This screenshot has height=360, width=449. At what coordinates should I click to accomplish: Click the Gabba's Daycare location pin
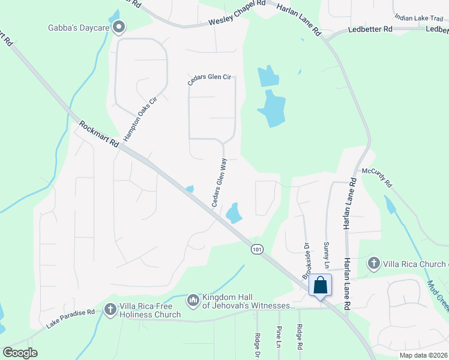coord(119,26)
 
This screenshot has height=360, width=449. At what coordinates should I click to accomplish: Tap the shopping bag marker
coord(320,284)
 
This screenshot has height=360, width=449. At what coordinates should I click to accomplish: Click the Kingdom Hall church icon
coord(193,299)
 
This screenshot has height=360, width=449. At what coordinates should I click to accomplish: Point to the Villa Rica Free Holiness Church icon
coord(110,310)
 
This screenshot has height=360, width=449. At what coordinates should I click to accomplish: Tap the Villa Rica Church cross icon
coord(373,263)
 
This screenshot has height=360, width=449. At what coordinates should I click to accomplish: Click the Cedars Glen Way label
coord(219,182)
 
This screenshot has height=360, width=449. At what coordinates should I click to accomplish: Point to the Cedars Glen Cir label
coord(209,88)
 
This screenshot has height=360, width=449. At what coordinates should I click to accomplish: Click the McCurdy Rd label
coord(376,178)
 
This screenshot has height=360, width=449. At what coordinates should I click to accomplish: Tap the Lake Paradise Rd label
coord(71,320)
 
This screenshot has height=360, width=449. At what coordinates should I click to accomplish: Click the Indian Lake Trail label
coord(419,19)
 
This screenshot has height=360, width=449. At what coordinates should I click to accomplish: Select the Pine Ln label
coord(279,337)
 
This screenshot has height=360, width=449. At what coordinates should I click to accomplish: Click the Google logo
coord(20,352)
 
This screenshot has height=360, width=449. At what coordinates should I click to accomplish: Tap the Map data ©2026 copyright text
coord(423,355)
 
